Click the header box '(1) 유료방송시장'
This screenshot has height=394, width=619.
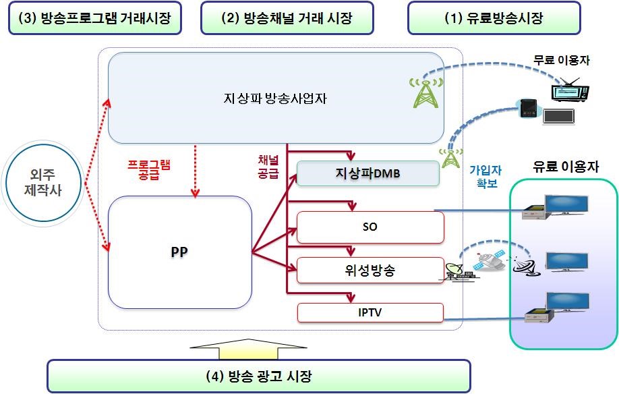pos(494,18)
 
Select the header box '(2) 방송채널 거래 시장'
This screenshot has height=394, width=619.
pos(287,18)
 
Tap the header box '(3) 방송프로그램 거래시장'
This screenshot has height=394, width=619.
pos(94,18)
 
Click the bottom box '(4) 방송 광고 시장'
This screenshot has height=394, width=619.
pos(258,376)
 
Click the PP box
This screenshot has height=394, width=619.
pos(179,252)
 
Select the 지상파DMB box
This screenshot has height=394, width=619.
pos(367,173)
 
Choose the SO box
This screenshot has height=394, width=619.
pos(370,227)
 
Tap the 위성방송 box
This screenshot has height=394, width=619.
pos(370,271)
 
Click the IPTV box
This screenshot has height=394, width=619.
pos(370,312)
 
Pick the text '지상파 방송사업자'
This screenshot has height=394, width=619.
pos(276,98)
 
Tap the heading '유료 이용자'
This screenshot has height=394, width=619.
pos(565,166)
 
